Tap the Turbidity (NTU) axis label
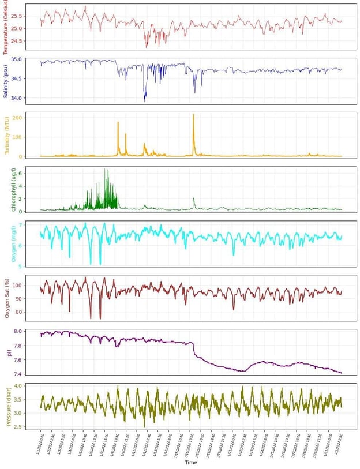point(6,136)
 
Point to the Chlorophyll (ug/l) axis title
point(6,190)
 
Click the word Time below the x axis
point(190,463)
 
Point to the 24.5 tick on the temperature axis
point(16,41)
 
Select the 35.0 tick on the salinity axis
point(16,59)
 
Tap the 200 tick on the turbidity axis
point(17,118)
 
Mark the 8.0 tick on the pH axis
point(17,332)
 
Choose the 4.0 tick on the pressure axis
point(17,386)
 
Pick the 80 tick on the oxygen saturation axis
point(18,312)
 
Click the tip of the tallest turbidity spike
point(193,115)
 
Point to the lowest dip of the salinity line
point(145,101)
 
